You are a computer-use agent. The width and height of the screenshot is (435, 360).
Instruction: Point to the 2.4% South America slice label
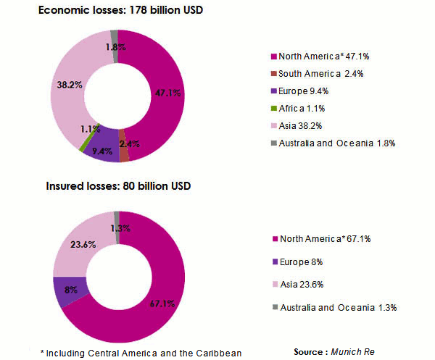pyautogui.click(x=134, y=143)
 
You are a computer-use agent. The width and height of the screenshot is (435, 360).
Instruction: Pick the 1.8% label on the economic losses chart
pyautogui.click(x=112, y=47)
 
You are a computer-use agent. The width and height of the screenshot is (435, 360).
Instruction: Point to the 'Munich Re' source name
pyautogui.click(x=350, y=351)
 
